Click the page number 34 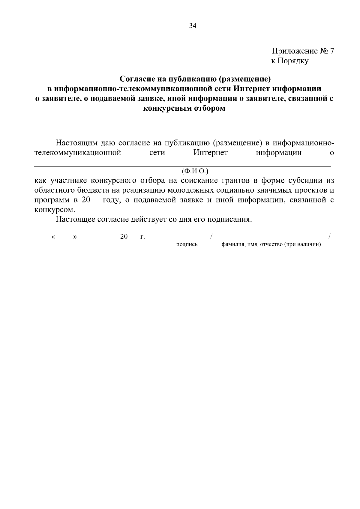click(193, 26)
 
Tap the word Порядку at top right click(293, 61)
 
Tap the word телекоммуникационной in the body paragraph click(78, 153)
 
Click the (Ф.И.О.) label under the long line click(195, 171)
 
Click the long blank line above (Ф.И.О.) click(182, 166)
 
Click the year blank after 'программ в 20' click(94, 201)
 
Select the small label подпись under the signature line click(187, 244)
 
